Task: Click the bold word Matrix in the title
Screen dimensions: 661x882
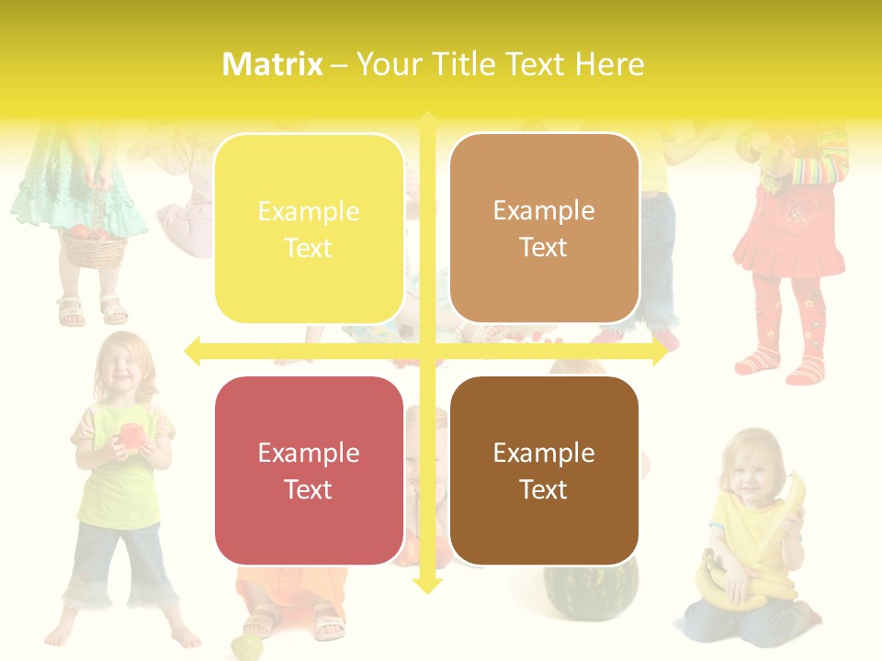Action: [273, 64]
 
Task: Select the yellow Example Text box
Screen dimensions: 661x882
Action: [309, 229]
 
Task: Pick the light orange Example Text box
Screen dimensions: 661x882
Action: [544, 229]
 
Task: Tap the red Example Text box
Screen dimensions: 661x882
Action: [309, 470]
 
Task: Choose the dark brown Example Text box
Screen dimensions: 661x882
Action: [544, 470]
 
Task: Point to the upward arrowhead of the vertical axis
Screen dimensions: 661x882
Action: [427, 120]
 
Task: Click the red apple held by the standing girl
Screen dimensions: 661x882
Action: [130, 436]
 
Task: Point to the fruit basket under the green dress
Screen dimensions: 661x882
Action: [93, 243]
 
